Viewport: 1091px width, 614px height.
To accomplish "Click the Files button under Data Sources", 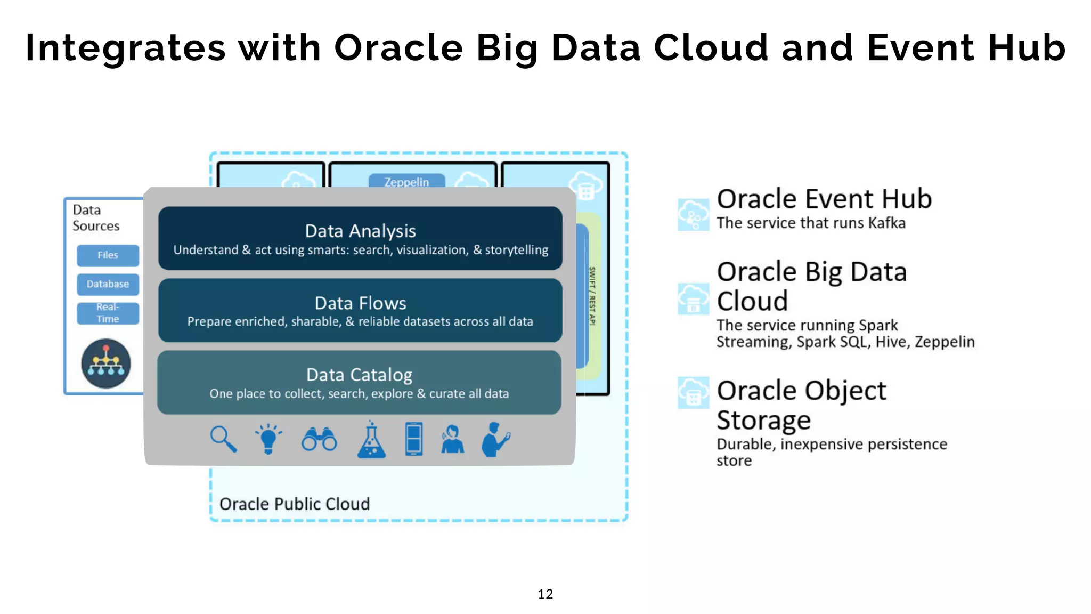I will (108, 255).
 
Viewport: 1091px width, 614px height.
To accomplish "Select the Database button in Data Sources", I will (108, 284).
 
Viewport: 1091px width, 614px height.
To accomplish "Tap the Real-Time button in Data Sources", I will (108, 313).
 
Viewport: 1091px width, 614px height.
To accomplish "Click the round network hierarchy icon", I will (106, 363).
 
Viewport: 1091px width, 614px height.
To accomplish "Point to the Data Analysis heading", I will (360, 231).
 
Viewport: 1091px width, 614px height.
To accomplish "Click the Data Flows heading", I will (360, 303).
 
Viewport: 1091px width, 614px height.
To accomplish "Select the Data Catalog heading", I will (359, 375).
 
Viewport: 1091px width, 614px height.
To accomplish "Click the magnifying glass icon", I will (223, 439).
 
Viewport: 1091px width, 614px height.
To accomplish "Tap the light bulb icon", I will (268, 439).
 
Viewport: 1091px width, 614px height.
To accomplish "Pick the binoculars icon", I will (319, 439).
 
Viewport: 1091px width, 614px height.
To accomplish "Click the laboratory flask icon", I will (371, 440).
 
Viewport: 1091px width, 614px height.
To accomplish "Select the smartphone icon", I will (414, 439).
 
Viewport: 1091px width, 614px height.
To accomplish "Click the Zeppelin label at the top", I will (406, 182).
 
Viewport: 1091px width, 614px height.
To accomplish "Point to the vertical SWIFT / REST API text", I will (592, 296).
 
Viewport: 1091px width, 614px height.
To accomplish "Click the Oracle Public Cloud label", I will (294, 504).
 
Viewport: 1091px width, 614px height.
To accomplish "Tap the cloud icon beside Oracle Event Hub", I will (693, 214).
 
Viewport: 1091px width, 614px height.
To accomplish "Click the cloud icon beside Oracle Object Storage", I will (693, 392).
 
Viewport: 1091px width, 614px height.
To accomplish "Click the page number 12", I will (545, 594).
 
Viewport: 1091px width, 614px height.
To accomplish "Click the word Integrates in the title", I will (126, 48).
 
